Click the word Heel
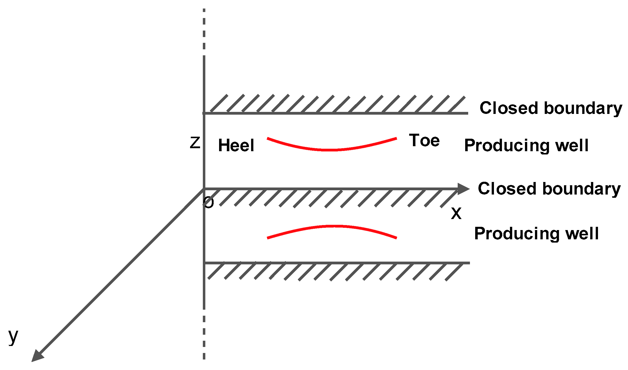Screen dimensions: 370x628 [236, 145]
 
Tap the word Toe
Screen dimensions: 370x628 [424, 140]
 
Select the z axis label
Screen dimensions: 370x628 [195, 143]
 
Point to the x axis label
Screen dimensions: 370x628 [456, 214]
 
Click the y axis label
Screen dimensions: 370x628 [13, 337]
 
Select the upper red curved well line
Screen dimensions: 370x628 [330, 149]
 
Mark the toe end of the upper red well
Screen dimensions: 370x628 [396, 138]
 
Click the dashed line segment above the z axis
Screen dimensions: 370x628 [204, 30]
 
